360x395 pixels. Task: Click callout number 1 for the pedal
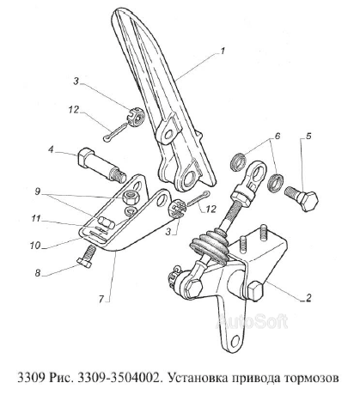click(x=223, y=52)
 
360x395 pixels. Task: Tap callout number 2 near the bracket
click(x=308, y=298)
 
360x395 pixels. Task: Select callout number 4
click(x=51, y=149)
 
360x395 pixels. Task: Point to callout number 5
click(x=308, y=136)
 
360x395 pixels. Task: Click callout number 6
click(x=278, y=136)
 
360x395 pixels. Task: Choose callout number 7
click(x=101, y=300)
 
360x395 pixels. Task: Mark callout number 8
click(x=38, y=273)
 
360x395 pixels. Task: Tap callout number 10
click(x=35, y=246)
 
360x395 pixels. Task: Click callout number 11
click(x=36, y=219)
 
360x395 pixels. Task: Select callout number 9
click(x=38, y=191)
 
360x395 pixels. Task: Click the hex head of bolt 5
click(x=308, y=201)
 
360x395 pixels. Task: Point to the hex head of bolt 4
click(x=85, y=157)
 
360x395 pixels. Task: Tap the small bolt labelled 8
click(x=88, y=257)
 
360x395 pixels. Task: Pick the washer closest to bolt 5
click(x=275, y=182)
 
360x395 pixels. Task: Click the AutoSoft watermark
click(x=252, y=321)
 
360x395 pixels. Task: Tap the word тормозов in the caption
click(x=311, y=378)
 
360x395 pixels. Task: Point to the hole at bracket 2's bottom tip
click(x=235, y=340)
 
